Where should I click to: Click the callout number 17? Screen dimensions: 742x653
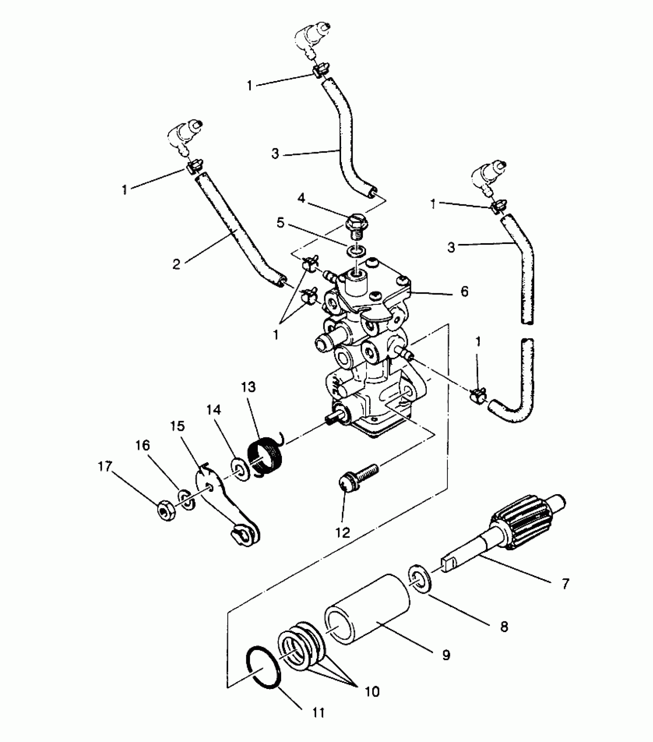(x=105, y=466)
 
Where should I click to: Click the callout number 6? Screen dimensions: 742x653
(x=464, y=292)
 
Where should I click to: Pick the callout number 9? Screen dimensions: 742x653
(x=446, y=655)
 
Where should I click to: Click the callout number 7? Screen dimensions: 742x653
(x=565, y=584)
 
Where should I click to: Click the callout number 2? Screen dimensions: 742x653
(x=176, y=264)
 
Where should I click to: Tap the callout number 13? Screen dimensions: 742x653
(x=249, y=387)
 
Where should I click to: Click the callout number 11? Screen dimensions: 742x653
(x=319, y=713)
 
